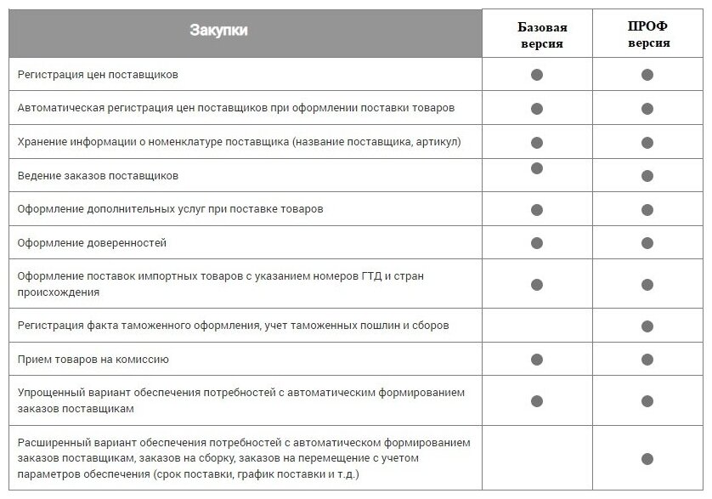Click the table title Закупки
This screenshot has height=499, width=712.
pyautogui.click(x=218, y=31)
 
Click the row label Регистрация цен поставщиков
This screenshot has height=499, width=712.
pyautogui.click(x=98, y=75)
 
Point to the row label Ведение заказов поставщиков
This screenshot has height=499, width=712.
pyautogui.click(x=98, y=176)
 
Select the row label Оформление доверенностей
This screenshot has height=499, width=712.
pyautogui.click(x=92, y=243)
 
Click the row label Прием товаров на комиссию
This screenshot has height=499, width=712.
pyautogui.click(x=93, y=360)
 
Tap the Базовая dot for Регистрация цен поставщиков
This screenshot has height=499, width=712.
pyautogui.click(x=537, y=75)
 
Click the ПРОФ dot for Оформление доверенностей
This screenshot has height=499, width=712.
pyautogui.click(x=647, y=243)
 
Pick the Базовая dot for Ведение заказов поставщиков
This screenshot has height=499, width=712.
pyautogui.click(x=537, y=168)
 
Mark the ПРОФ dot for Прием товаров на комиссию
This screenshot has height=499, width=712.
pyautogui.click(x=647, y=360)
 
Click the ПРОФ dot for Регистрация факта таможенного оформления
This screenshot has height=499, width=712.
pyautogui.click(x=647, y=326)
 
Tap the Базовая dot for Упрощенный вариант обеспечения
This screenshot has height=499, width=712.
pyautogui.click(x=537, y=400)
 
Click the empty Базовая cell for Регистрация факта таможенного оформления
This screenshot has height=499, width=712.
pyautogui.click(x=537, y=326)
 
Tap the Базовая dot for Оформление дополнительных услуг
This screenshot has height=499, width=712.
pyautogui.click(x=537, y=209)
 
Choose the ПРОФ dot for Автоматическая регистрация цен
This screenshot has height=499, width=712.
pyautogui.click(x=647, y=109)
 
